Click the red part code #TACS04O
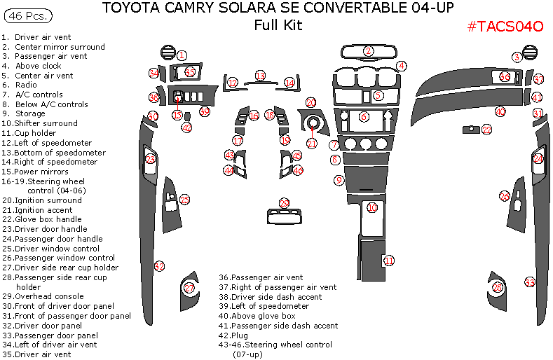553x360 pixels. (x=505, y=27)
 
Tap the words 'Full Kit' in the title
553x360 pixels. (x=278, y=25)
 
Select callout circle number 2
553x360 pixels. (x=369, y=51)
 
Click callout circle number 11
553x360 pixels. (x=388, y=261)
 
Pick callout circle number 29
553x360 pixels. (x=284, y=203)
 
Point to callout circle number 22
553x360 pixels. (x=486, y=130)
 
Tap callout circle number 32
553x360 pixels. (x=160, y=266)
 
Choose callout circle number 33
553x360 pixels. (x=530, y=282)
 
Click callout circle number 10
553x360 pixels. (x=372, y=207)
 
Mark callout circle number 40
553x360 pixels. (x=500, y=111)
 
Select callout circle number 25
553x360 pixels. (x=184, y=200)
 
